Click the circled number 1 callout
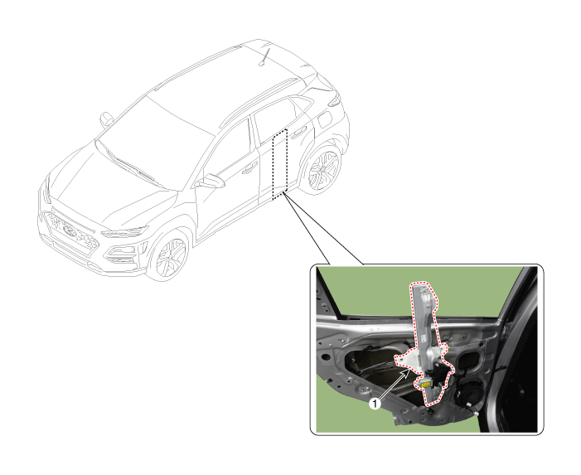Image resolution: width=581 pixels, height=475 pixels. coord(375,404)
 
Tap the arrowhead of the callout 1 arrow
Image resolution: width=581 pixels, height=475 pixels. coord(409,372)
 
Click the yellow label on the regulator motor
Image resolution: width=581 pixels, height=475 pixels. coord(424,384)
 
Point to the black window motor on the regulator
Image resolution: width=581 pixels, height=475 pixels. coord(438,374)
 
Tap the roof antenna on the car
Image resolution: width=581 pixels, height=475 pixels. coord(264,56)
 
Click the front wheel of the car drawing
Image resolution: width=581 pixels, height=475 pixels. coord(169,255)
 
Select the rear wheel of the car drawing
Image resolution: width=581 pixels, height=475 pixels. coord(323,169)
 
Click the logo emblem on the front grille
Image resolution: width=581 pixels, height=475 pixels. coord(70,231)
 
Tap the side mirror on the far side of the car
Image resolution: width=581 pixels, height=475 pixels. coord(106,119)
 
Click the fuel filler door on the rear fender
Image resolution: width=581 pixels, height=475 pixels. coord(324,119)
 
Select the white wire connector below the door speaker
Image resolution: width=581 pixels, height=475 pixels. coord(476,414)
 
